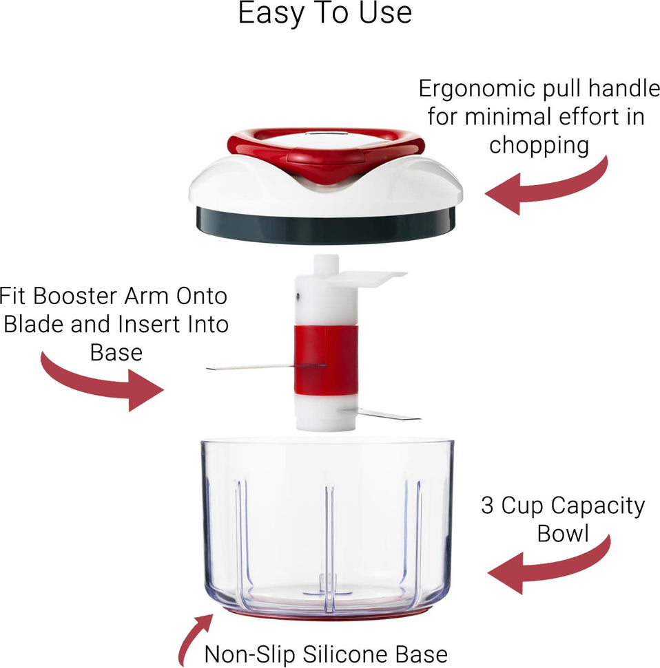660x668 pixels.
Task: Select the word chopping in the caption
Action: [539, 145]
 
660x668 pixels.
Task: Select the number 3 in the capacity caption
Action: [488, 506]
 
